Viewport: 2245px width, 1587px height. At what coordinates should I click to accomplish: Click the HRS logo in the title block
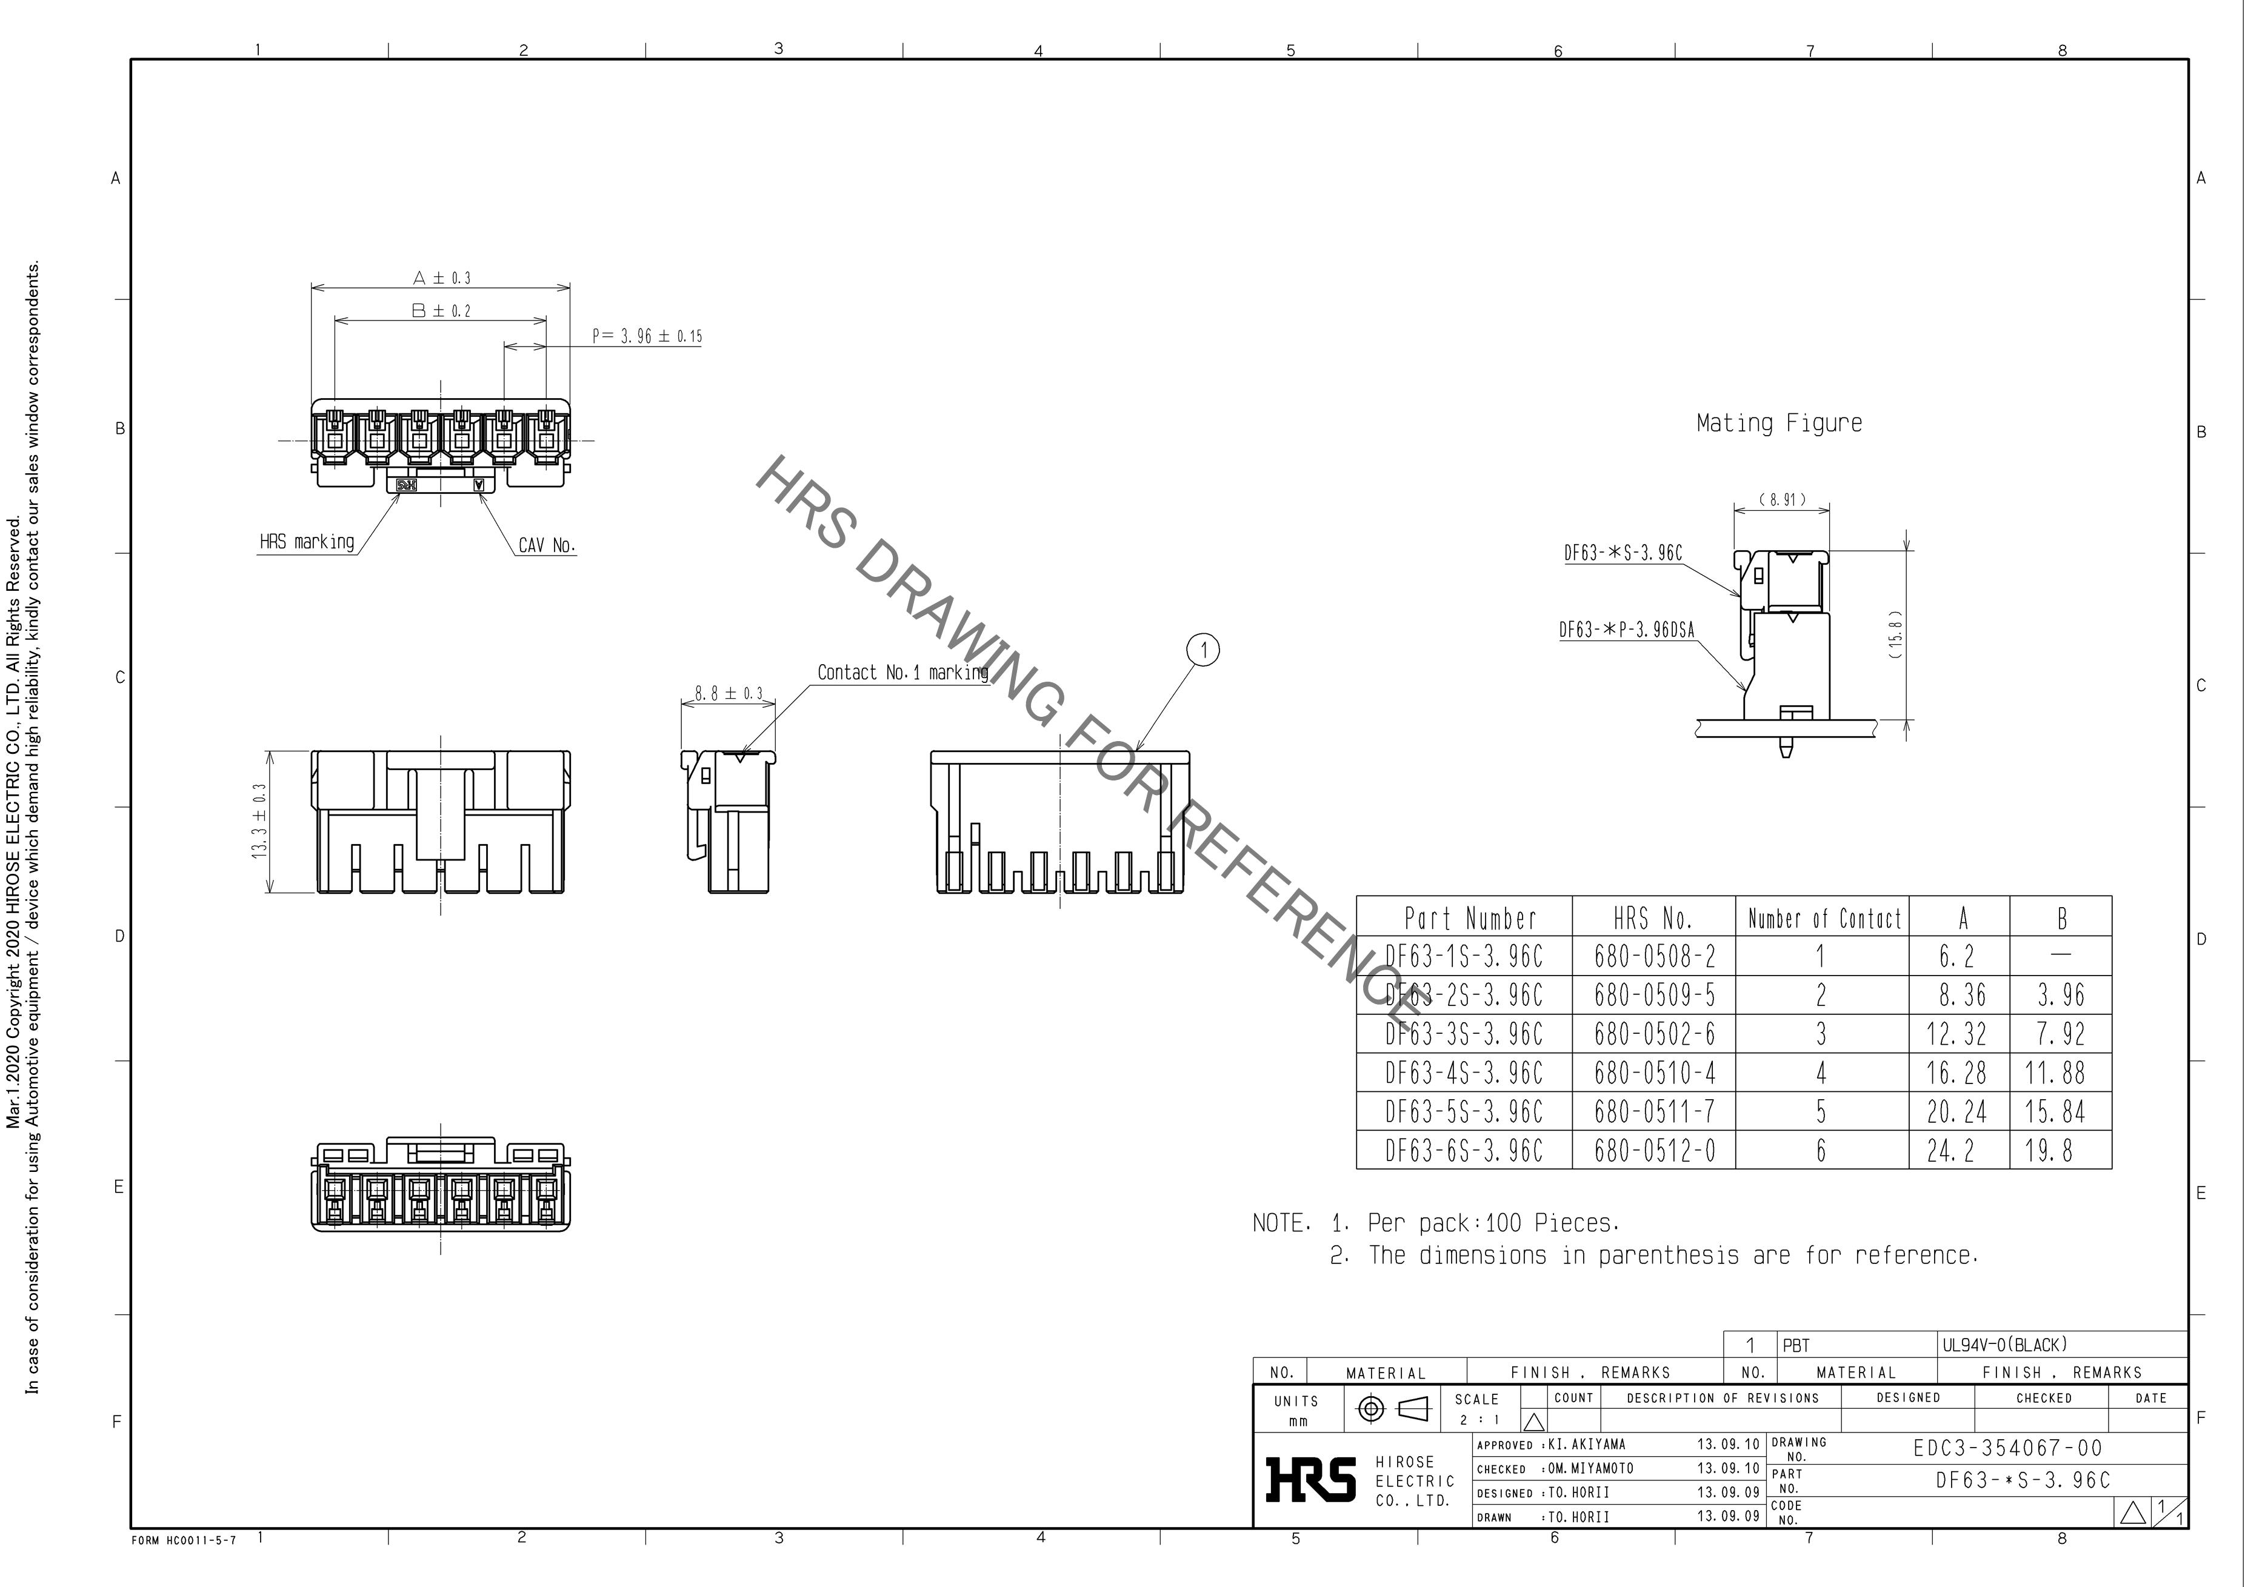coord(1310,1479)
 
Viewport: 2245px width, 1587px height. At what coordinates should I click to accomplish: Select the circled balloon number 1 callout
coord(1204,650)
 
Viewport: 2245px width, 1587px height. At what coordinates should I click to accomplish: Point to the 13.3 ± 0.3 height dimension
coord(260,821)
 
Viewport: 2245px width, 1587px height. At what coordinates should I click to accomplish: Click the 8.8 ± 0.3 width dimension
coord(729,693)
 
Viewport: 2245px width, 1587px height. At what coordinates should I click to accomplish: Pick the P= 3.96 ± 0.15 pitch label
coord(646,336)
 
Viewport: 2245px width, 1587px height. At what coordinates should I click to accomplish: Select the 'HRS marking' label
coord(307,542)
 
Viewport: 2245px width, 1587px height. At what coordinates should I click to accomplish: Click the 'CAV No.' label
coord(547,545)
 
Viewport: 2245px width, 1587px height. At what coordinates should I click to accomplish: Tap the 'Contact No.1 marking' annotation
coord(902,673)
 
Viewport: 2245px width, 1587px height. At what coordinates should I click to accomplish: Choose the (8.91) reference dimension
coord(1781,501)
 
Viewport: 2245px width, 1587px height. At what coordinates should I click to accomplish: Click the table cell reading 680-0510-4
coord(1655,1073)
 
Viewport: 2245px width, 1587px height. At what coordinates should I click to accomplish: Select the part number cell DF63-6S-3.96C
coord(1464,1151)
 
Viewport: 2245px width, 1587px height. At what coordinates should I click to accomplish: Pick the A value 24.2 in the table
coord(1950,1151)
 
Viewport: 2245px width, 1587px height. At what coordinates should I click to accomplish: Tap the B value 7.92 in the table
coord(2061,1034)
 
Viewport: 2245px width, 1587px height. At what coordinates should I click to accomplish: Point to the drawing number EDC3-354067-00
coord(2007,1448)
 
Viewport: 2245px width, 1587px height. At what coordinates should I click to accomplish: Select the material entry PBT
coord(1796,1345)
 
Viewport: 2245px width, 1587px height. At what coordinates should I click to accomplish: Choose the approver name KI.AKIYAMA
coord(1587,1444)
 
